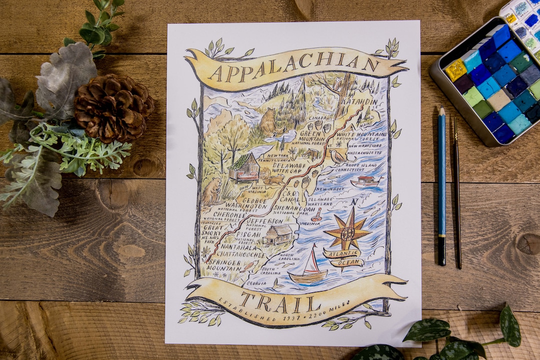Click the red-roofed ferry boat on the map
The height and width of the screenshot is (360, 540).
click(x=365, y=181)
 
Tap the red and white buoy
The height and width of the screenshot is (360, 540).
click(x=316, y=215)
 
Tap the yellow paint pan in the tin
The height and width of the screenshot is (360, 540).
click(x=455, y=70)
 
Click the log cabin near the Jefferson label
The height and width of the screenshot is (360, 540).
click(x=277, y=233)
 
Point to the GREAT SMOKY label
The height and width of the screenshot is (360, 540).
click(x=214, y=230)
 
